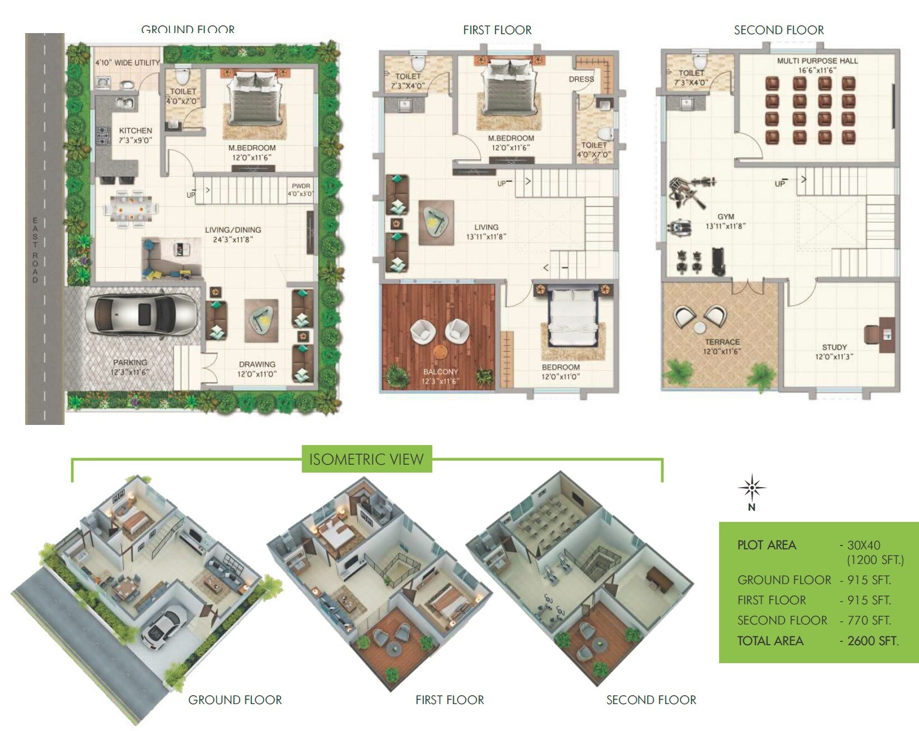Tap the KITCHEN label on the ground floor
135,131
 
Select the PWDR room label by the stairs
301,186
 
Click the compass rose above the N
752,488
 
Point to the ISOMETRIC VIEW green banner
366,459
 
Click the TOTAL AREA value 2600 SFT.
873,641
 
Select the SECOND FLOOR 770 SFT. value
869,621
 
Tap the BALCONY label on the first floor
440,372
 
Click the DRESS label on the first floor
581,79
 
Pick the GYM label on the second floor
725,216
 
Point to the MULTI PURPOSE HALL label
817,61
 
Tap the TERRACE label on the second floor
722,342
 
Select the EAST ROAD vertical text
35,249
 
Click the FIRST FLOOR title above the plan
497,30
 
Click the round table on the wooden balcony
440,351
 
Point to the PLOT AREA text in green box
766,545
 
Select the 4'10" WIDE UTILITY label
128,63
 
